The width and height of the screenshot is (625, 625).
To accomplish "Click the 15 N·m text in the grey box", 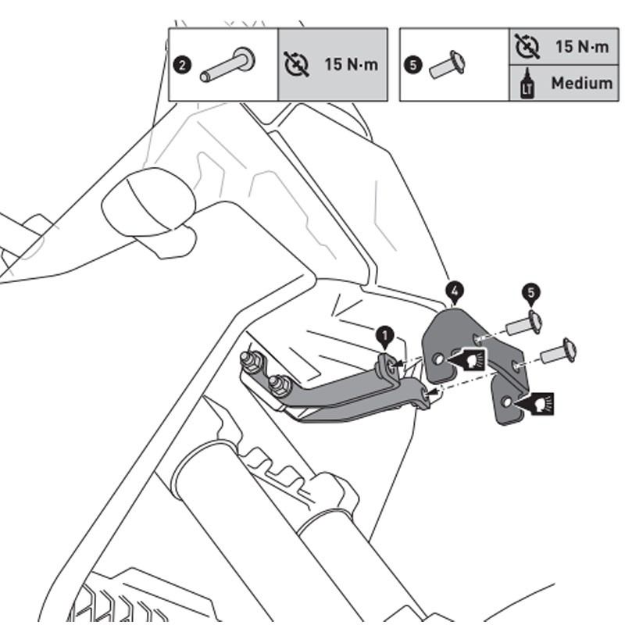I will [351, 65].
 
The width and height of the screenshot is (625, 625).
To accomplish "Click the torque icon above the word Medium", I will [527, 46].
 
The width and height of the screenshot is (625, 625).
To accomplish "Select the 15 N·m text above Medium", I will [581, 46].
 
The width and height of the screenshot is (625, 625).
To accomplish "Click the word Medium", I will [581, 83].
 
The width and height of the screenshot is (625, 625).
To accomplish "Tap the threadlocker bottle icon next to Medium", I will [527, 83].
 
